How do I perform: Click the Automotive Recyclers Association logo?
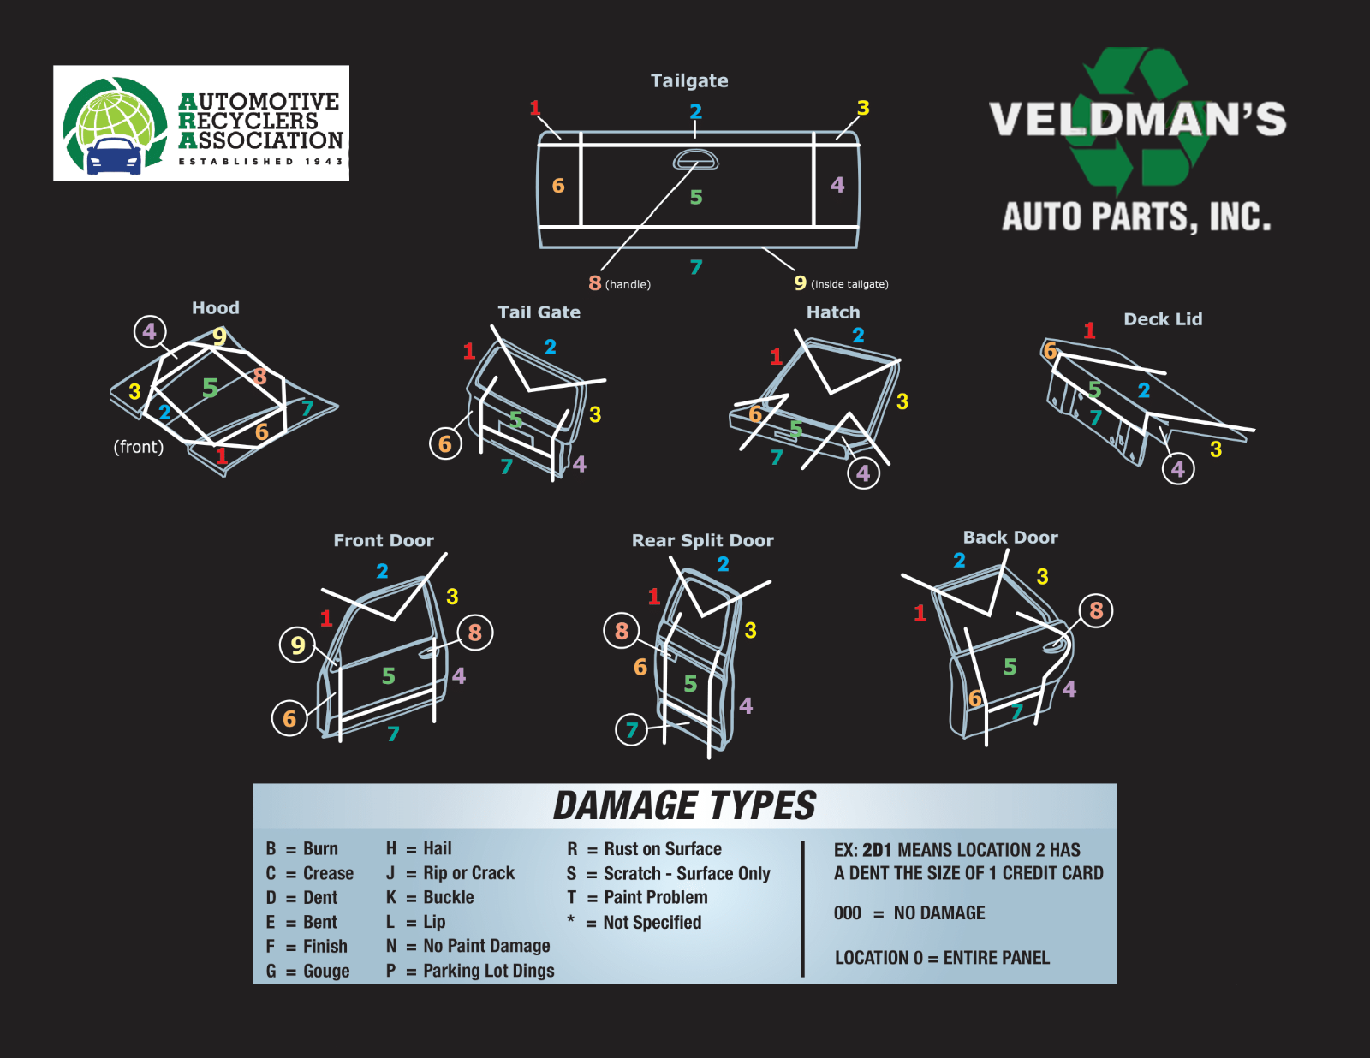tap(201, 123)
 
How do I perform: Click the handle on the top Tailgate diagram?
tap(695, 160)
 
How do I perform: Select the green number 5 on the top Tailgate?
tap(696, 197)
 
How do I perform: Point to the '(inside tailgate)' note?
tap(849, 284)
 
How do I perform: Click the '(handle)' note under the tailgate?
tap(628, 284)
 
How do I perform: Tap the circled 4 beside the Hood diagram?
tap(150, 330)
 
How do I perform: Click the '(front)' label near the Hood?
tap(139, 447)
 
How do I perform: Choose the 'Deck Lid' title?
tap(1163, 318)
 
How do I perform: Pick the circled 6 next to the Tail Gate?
tap(445, 443)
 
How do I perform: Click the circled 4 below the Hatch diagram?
tap(863, 473)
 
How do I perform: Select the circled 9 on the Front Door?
tap(298, 645)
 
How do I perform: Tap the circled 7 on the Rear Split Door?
tap(631, 729)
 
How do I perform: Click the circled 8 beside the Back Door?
tap(1096, 610)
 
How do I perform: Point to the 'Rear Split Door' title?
tap(702, 540)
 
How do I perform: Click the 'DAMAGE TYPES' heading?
tap(684, 806)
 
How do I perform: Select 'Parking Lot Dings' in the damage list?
tap(489, 971)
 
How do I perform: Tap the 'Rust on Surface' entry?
tap(663, 849)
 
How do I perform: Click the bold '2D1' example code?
tap(877, 850)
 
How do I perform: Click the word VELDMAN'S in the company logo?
tap(1137, 119)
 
